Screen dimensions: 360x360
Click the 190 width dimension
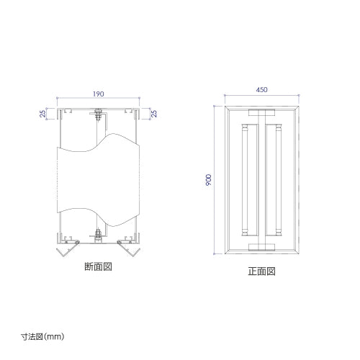[99, 94]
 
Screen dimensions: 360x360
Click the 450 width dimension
[261, 90]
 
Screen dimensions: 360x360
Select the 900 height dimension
[209, 180]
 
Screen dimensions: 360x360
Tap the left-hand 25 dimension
[42, 114]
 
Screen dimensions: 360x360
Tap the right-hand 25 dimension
[154, 114]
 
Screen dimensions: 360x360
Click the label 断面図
[99, 266]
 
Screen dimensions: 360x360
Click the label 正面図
[261, 271]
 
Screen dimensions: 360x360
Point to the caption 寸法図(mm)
[42, 337]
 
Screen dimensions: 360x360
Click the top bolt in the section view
[98, 114]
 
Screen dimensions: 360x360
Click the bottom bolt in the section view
[98, 235]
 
